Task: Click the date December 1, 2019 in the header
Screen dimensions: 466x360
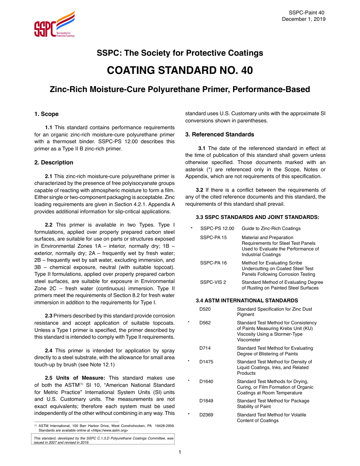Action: coord(303,19)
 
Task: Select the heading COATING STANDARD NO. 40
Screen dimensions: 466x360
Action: coord(180,71)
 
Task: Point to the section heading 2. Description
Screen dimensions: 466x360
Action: coord(54,163)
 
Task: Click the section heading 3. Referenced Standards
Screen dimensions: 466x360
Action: coord(219,134)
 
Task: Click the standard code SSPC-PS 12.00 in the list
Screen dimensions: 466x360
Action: coord(217,228)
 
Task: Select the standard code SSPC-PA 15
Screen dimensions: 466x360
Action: coord(213,238)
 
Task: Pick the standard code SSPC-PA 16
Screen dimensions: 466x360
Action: coord(213,263)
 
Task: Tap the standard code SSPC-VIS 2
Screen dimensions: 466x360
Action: coord(213,282)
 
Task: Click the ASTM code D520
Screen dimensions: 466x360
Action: coord(205,309)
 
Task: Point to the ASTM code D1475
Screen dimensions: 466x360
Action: coord(206,362)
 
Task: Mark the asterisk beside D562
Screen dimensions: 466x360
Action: coord(189,323)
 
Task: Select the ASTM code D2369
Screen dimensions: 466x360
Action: coord(206,415)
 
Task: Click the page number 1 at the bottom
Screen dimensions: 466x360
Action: coord(180,452)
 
